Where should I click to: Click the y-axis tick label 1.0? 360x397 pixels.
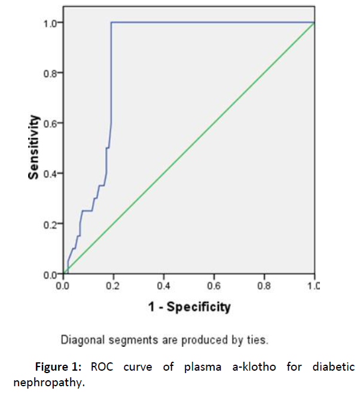49,23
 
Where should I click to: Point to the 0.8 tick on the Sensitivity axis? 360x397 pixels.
49,73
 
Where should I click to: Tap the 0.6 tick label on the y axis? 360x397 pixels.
49,123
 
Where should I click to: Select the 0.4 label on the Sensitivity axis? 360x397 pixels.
49,173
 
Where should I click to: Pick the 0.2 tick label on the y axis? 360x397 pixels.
49,224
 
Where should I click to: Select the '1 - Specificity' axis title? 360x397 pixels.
189,307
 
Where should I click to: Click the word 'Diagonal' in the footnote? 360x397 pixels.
80,341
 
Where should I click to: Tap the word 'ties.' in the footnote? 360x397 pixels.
257,341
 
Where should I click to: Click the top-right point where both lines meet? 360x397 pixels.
314,23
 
